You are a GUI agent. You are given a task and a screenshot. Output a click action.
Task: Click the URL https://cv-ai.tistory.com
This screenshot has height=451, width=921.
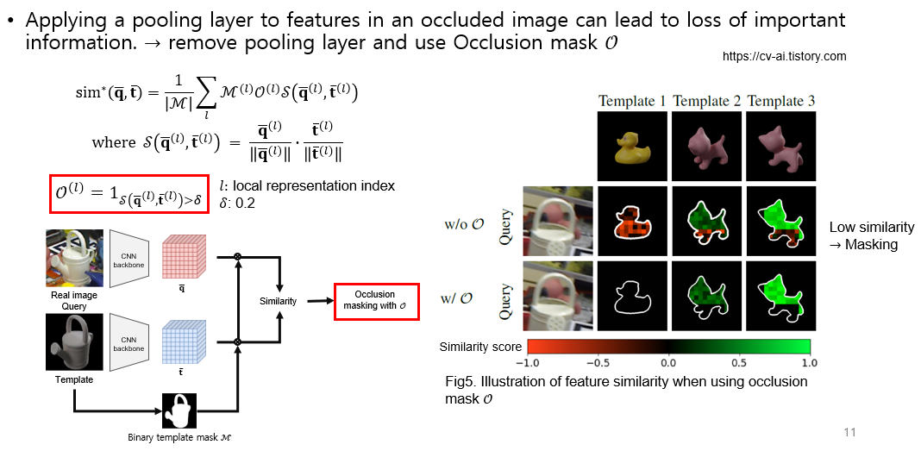[x=784, y=56]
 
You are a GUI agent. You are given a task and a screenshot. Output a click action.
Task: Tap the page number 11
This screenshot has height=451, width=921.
[x=850, y=432]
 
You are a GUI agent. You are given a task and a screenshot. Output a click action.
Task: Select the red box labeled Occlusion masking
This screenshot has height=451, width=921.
[x=376, y=300]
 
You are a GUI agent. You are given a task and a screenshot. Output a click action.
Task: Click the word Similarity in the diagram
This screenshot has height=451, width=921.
[x=279, y=301]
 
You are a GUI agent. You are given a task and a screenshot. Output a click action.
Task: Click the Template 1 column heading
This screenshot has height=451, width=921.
[x=632, y=101]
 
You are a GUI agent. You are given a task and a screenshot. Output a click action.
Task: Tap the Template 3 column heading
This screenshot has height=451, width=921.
[x=782, y=101]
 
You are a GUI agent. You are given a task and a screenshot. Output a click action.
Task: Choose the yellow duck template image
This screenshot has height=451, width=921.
[x=632, y=145]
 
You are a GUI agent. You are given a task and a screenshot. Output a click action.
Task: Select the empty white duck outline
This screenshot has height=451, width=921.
[x=632, y=295]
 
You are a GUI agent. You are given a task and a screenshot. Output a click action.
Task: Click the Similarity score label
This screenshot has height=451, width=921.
[x=480, y=347]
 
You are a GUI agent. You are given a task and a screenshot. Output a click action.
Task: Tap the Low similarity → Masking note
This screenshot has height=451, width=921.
[x=871, y=235]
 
